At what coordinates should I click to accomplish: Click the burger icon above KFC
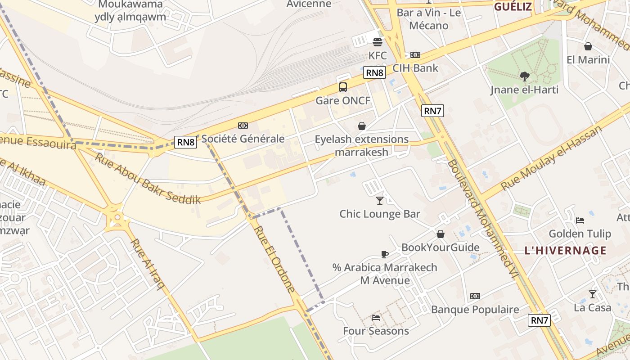click(x=377, y=42)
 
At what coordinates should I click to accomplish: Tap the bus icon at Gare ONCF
click(x=343, y=87)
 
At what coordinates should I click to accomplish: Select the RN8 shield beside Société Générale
click(x=186, y=142)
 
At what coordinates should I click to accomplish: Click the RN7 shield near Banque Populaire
click(x=539, y=320)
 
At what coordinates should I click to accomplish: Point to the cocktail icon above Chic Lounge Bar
click(x=380, y=200)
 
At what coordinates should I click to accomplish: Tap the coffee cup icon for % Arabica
click(x=384, y=254)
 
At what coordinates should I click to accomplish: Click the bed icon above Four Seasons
click(x=376, y=318)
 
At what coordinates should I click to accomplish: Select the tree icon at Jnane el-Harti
click(x=524, y=76)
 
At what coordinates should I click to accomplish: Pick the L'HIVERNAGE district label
click(x=565, y=251)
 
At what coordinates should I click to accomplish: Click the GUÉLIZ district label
click(x=513, y=6)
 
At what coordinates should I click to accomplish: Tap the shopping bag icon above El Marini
click(x=588, y=46)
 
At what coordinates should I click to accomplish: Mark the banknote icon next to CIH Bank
click(x=415, y=55)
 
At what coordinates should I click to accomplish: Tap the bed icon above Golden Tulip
click(x=580, y=220)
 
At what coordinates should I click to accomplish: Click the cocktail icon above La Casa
click(x=592, y=294)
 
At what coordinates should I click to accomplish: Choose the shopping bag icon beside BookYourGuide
click(x=440, y=234)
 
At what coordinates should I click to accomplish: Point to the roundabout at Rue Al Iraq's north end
click(x=117, y=218)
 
